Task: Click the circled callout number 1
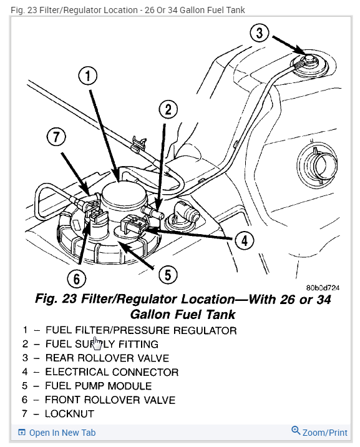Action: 88,76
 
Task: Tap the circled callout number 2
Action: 168,109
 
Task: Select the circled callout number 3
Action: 259,33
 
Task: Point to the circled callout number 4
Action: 245,241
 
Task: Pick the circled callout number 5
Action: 168,275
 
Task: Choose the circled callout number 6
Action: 77,278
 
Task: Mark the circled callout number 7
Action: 56,137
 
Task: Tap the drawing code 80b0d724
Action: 323,288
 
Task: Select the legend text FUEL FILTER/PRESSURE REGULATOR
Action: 141,330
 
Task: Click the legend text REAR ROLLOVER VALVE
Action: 107,358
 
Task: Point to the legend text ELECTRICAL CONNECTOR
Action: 112,372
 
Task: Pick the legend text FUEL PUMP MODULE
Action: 98,386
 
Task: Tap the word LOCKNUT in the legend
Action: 69,414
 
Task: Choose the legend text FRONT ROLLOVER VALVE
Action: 110,400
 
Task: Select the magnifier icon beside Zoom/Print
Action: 296,431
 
